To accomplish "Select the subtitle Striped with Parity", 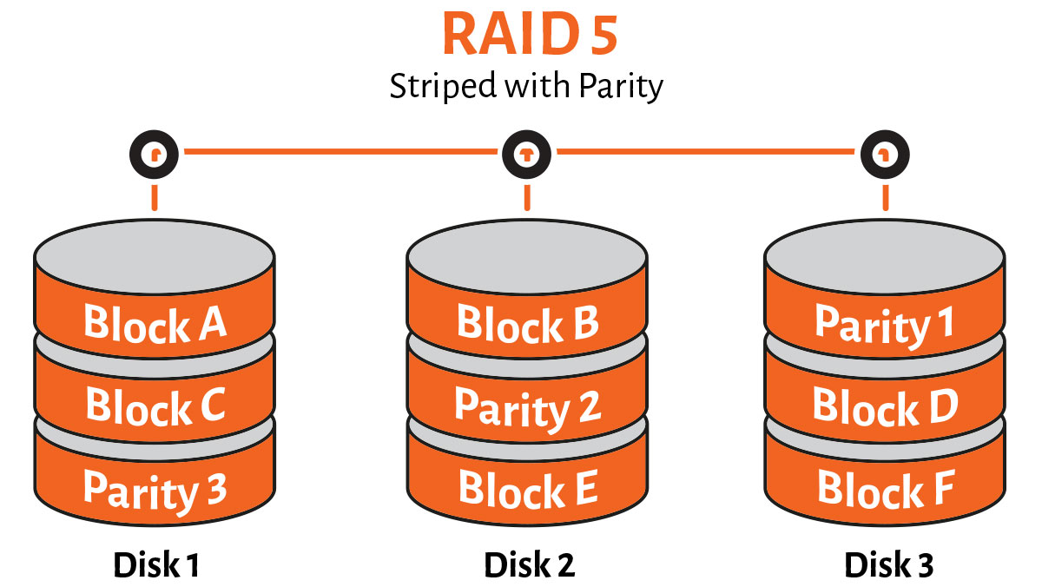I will pos(526,88).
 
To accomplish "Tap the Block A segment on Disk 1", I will pos(155,324).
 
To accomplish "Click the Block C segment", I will pos(155,405).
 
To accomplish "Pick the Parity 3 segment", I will pos(155,489).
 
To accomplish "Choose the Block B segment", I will pos(527,324).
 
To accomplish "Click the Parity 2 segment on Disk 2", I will pos(527,406).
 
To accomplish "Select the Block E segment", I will pos(527,488).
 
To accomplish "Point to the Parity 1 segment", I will pos(884,324).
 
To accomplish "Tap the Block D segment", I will pos(884,406).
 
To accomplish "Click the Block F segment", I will pos(884,489).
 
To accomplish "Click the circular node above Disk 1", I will pos(155,155).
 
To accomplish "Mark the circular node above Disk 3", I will pos(885,155).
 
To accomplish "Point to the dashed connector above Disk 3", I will pos(885,197).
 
